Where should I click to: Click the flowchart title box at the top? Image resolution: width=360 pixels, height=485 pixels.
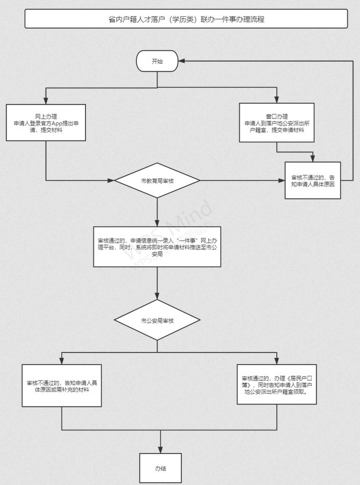pyautogui.click(x=186, y=19)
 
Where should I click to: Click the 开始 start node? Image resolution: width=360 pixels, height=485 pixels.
pyautogui.click(x=157, y=61)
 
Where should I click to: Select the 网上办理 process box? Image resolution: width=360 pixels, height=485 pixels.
pyautogui.click(x=46, y=123)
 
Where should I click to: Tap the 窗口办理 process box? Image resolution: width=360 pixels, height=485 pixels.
pyautogui.click(x=277, y=123)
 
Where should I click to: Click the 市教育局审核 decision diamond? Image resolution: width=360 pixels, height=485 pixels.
pyautogui.click(x=157, y=181)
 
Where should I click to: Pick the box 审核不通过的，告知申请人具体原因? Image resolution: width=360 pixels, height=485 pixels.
pyautogui.click(x=312, y=181)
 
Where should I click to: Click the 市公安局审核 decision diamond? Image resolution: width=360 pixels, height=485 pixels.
pyautogui.click(x=157, y=320)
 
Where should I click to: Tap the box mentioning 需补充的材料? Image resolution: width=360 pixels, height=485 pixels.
pyautogui.click(x=62, y=385)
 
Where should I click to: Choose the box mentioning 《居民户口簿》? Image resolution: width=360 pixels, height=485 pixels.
pyautogui.click(x=277, y=384)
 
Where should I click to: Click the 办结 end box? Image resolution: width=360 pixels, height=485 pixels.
pyautogui.click(x=157, y=467)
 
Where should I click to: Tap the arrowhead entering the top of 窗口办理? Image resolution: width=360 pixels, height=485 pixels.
pyautogui.click(x=277, y=100)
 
